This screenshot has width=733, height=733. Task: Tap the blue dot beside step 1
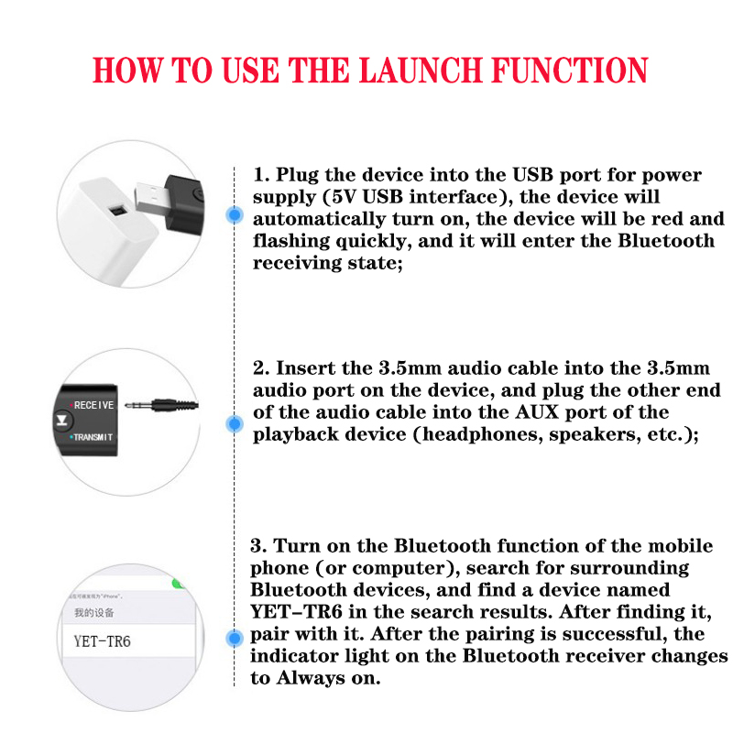point(235,215)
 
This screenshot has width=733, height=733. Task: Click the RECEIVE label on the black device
point(93,404)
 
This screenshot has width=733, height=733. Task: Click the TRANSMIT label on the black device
point(93,438)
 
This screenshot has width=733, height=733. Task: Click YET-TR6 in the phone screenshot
point(102,640)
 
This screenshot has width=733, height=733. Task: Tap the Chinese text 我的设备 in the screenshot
point(93,612)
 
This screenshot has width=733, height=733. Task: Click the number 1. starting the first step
point(261,175)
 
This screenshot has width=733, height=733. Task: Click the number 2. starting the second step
point(261,368)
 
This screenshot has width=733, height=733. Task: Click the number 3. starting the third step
point(259,546)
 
